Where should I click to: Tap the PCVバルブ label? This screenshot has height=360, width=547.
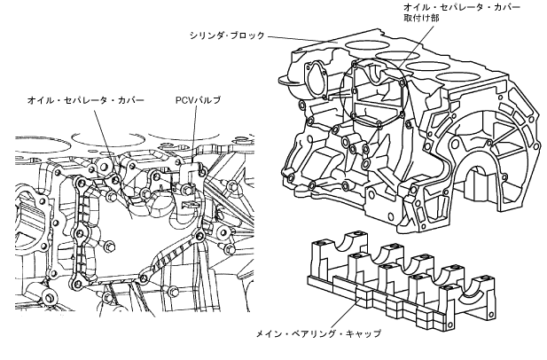(197, 101)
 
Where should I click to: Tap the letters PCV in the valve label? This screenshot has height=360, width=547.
(183, 101)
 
